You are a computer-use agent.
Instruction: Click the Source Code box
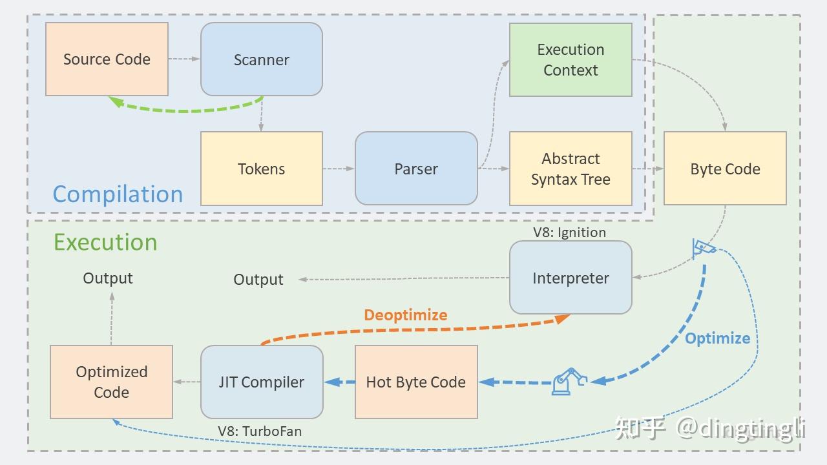107,59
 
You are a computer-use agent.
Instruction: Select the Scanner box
261,59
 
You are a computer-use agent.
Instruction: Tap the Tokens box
261,169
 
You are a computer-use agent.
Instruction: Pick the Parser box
416,169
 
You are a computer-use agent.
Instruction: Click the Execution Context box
571,60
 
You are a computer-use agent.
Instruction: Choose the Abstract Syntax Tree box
571,169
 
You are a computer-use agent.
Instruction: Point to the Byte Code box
725,169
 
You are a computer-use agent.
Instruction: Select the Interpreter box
571,278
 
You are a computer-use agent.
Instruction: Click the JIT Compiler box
261,382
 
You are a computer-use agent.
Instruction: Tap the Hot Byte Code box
416,382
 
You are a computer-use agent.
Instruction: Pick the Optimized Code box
111,382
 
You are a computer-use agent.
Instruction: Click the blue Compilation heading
118,194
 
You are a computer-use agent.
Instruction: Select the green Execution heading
105,242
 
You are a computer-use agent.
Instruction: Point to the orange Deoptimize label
406,315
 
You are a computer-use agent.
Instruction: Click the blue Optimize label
717,338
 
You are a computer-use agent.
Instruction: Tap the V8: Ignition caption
569,232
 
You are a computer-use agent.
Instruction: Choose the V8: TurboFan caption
260,431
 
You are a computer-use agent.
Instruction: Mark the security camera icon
703,248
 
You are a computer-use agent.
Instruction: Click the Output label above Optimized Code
108,278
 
